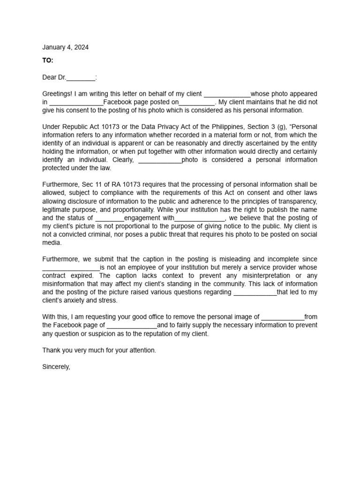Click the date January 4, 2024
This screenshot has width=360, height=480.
pos(65,47)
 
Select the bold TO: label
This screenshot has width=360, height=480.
pos(48,60)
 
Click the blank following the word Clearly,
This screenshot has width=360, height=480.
pos(160,160)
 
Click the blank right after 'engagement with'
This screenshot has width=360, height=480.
pos(200,218)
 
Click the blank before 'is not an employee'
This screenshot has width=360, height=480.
pos(71,268)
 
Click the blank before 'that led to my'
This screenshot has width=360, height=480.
pos(255,292)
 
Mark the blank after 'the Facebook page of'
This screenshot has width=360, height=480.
pos(132,325)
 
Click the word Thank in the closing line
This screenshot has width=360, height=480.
pos(51,350)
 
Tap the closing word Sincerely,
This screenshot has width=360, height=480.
pos(56,367)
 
